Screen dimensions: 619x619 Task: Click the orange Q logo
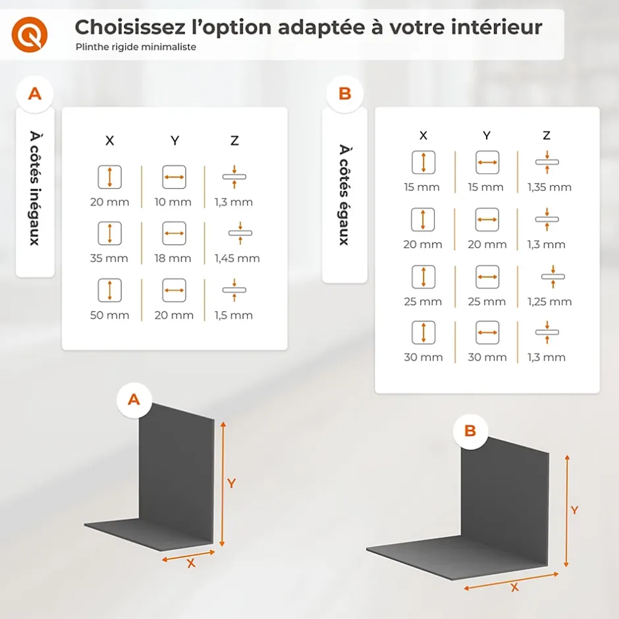coord(30,34)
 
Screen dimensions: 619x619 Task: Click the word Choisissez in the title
coord(130,28)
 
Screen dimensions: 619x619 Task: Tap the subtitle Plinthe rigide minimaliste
coord(136,47)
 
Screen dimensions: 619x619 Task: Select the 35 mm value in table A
coord(109,258)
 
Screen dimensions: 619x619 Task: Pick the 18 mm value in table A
coord(173,258)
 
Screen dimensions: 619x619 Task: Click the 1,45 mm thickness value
coord(237,258)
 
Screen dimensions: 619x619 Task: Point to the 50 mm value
coord(110,315)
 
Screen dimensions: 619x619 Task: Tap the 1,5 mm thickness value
coord(234,315)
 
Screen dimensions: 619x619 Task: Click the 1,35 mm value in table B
coord(549,187)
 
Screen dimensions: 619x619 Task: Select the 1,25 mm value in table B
coord(549,302)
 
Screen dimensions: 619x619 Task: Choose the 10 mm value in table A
coord(173,202)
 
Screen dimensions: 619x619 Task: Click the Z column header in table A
coord(234,140)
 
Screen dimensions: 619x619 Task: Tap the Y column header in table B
coord(487,136)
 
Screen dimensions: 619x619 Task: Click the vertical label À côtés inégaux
coord(35,188)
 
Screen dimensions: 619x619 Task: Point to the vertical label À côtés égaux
coord(344,195)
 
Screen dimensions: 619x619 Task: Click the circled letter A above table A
coord(35,94)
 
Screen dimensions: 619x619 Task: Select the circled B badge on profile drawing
coord(470,431)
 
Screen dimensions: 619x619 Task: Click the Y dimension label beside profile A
coord(231,483)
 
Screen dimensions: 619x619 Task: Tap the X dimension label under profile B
coord(515,587)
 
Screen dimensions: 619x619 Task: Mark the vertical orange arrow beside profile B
coord(567,511)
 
